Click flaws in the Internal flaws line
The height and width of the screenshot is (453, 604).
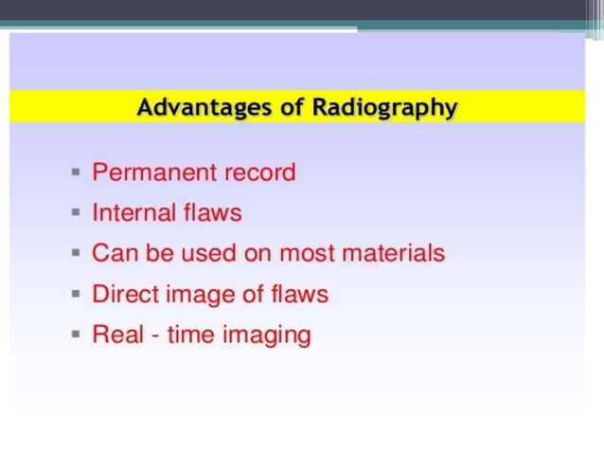click(x=213, y=213)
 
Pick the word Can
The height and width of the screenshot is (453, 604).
click(x=111, y=254)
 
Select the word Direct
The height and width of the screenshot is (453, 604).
click(x=125, y=295)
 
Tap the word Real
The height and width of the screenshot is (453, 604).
click(x=114, y=335)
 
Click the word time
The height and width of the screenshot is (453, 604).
click(x=190, y=335)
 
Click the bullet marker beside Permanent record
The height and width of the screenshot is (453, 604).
click(x=76, y=173)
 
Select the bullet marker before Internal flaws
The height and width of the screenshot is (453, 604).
click(x=76, y=214)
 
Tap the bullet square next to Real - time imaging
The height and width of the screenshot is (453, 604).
click(x=76, y=335)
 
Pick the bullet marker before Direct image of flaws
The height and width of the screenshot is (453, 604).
click(x=76, y=296)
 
